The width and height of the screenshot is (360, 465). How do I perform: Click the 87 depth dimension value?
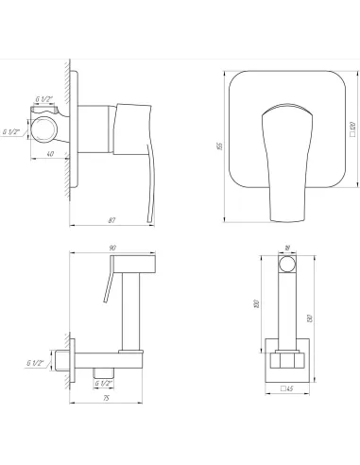(x=111, y=219)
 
